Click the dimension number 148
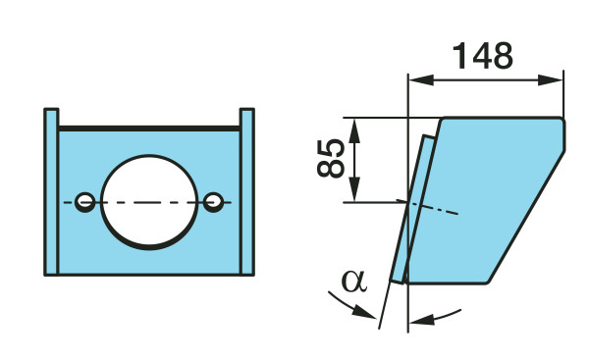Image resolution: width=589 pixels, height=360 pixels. click(x=483, y=56)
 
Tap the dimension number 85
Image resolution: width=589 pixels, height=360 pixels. click(x=331, y=158)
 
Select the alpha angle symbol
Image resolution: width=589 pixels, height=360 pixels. click(x=353, y=282)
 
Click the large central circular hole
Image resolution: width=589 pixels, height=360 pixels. click(x=149, y=202)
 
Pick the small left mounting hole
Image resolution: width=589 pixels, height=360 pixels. click(x=85, y=202)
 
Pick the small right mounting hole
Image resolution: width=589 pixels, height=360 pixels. click(x=214, y=202)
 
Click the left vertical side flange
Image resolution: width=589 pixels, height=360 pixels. click(x=51, y=192)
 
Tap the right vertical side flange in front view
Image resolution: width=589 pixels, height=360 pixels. click(x=247, y=192)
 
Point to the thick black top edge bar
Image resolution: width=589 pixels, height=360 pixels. click(x=149, y=129)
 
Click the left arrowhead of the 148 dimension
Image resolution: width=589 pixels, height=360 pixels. click(x=421, y=80)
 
